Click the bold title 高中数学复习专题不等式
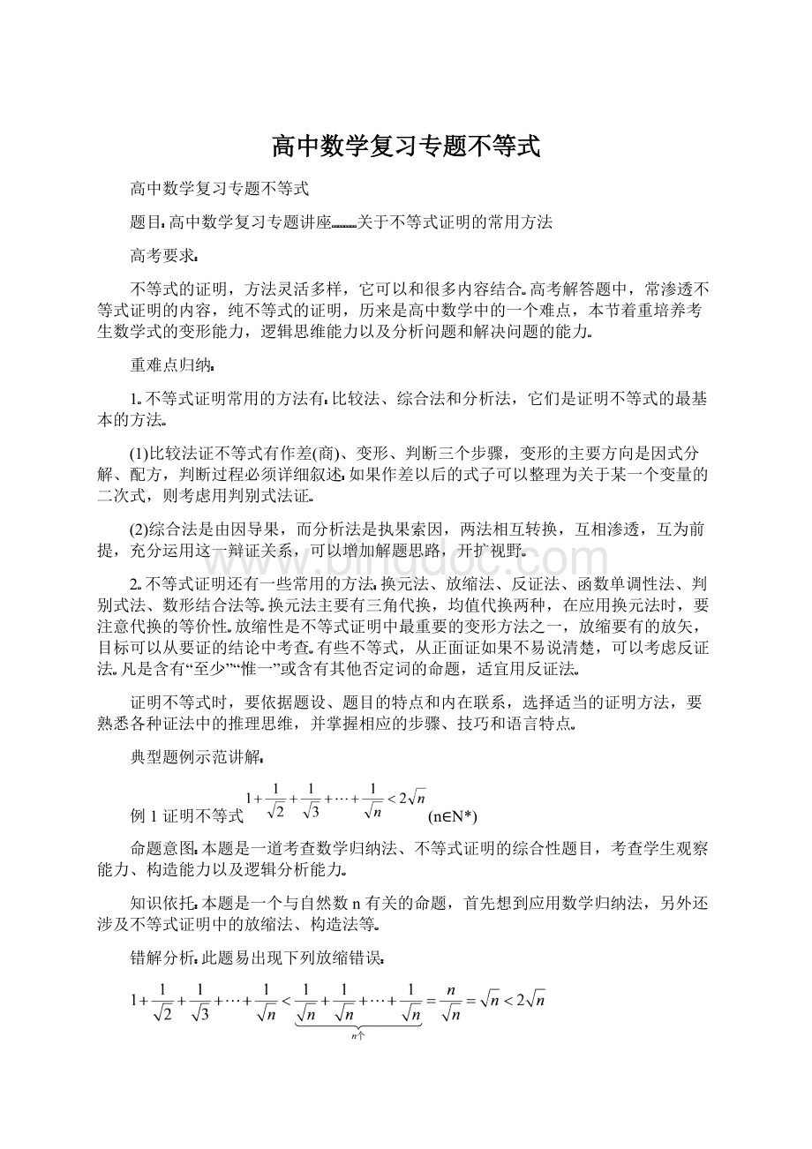405,146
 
